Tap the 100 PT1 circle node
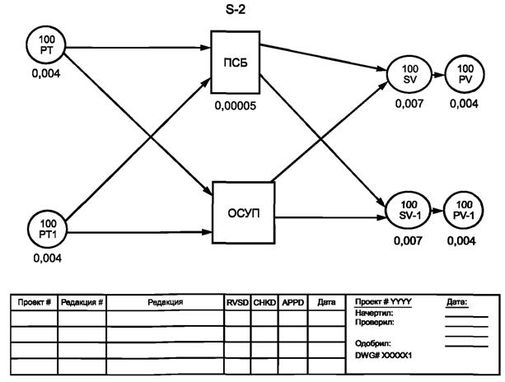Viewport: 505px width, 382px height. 48,228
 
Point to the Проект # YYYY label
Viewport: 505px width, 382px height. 384,302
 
